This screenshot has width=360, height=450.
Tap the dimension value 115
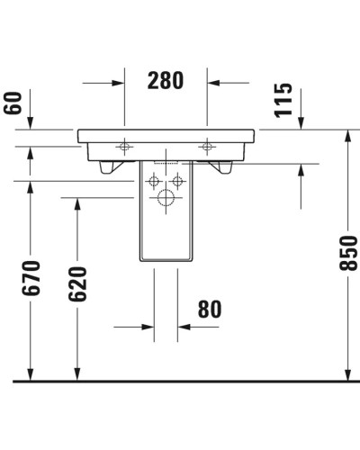pyautogui.click(x=283, y=97)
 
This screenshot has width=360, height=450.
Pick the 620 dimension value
pyautogui.click(x=76, y=285)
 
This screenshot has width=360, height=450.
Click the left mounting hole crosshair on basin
pyautogui.click(x=124, y=145)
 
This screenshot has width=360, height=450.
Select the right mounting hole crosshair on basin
pyautogui.click(x=208, y=145)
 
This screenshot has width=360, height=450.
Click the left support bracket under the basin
pyautogui.click(x=110, y=166)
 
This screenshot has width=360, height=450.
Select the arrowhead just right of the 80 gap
pyautogui.click(x=184, y=328)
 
